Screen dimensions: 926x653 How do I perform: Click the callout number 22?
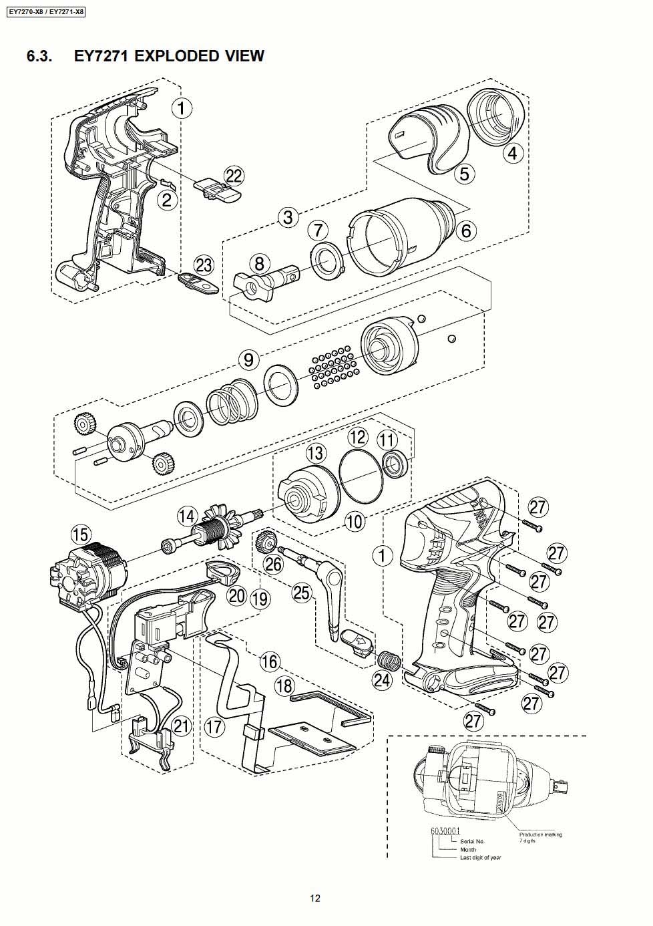(x=234, y=176)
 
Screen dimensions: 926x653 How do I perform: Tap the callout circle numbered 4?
(x=512, y=154)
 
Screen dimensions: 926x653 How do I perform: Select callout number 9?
(x=248, y=359)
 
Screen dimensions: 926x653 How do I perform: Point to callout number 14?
(x=187, y=516)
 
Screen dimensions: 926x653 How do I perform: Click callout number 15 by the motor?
(x=80, y=534)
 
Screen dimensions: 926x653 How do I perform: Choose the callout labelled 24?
(x=382, y=680)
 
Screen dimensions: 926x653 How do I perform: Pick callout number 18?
(x=284, y=686)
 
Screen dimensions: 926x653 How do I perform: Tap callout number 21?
(x=181, y=726)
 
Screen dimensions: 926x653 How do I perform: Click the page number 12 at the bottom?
(x=315, y=898)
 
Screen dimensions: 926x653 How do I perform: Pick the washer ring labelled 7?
(x=328, y=258)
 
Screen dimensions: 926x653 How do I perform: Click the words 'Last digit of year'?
(x=480, y=857)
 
